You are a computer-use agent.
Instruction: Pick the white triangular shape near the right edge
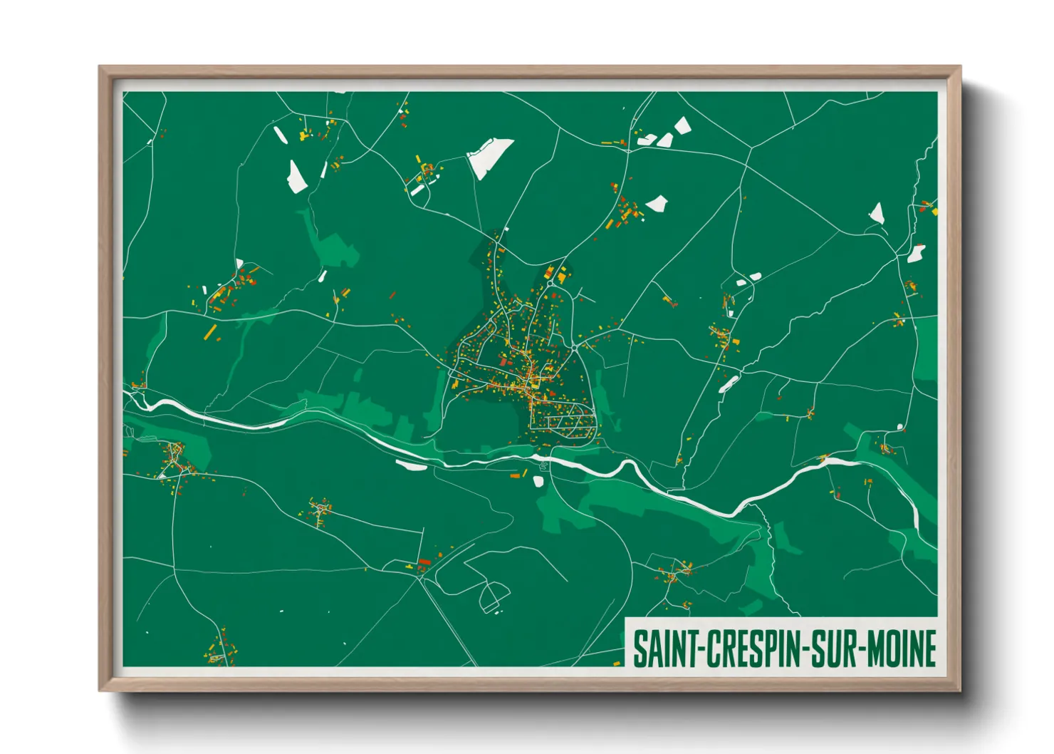point(877,212)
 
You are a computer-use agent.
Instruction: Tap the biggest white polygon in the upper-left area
point(296,177)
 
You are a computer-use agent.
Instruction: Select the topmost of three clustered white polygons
point(682,125)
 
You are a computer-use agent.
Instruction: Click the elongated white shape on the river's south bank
point(412,466)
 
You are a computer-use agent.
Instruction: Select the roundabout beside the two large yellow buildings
point(574,347)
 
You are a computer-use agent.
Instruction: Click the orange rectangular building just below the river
point(515,475)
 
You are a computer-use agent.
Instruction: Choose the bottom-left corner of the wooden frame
point(100,690)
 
